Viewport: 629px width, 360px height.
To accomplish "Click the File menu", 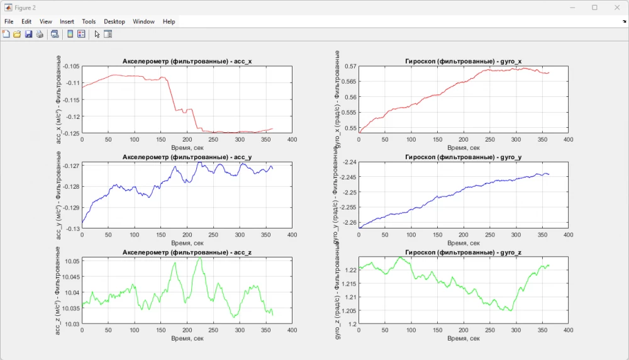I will point(9,21).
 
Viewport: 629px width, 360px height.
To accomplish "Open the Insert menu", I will point(67,21).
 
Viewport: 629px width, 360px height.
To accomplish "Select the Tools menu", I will point(89,21).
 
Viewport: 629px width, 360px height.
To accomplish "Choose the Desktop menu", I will point(114,21).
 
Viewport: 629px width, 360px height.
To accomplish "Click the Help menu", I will point(169,21).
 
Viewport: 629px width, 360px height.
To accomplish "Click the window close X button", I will point(615,8).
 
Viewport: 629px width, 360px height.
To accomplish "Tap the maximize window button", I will point(594,8).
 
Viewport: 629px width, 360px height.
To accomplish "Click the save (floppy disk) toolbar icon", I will point(28,34).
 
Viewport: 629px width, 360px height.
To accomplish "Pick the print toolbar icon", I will point(40,34).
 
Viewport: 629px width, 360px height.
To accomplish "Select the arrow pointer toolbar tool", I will point(97,34).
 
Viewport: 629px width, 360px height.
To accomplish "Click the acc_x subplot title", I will point(186,61).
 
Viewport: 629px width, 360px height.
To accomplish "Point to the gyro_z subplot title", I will point(463,252).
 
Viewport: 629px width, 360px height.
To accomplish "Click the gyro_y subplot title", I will point(463,157).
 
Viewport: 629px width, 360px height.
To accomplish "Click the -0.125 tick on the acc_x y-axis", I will point(70,133).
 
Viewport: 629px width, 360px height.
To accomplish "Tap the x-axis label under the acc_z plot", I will point(187,338).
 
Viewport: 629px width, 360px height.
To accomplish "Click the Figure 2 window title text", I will point(25,8).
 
